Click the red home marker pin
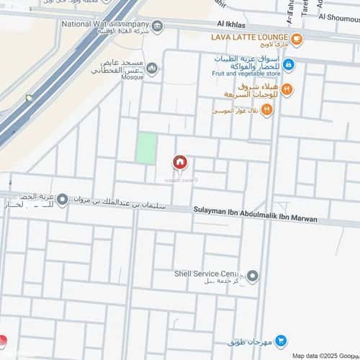179,163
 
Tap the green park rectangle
146,148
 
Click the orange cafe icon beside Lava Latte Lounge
297,38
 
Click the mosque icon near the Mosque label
152,68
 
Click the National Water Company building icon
158,27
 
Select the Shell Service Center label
206,274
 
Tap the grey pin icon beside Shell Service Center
252,276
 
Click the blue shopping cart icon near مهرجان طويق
281,341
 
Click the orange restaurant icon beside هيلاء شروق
287,89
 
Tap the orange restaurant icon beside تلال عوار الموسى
267,109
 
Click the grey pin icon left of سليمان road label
63,199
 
